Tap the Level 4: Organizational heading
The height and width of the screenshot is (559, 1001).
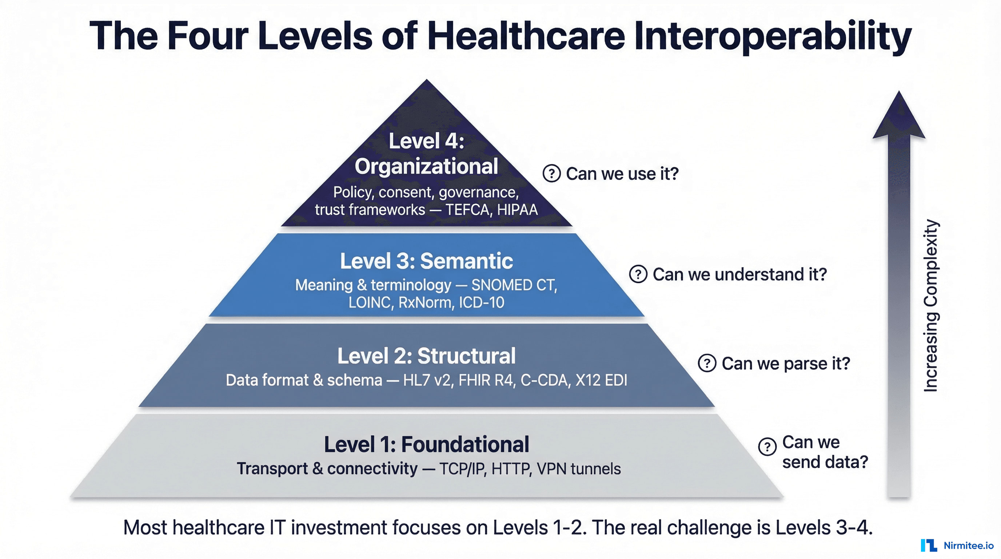(426, 154)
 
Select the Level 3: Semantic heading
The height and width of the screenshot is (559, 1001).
(426, 261)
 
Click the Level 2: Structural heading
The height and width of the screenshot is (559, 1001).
(426, 356)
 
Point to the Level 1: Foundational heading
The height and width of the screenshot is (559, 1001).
(426, 444)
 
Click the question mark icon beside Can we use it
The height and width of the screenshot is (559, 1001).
(551, 173)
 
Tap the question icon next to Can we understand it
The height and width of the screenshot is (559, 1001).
(638, 274)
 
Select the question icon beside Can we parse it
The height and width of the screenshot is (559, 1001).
(707, 364)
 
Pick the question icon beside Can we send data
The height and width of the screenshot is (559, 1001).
(767, 447)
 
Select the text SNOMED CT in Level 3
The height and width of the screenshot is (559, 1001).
(514, 285)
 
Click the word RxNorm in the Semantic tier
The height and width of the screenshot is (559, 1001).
(426, 302)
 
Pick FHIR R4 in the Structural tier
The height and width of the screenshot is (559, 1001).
(485, 380)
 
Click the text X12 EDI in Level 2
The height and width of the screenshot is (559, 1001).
(601, 380)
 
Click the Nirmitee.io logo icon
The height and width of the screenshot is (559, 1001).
(929, 546)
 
